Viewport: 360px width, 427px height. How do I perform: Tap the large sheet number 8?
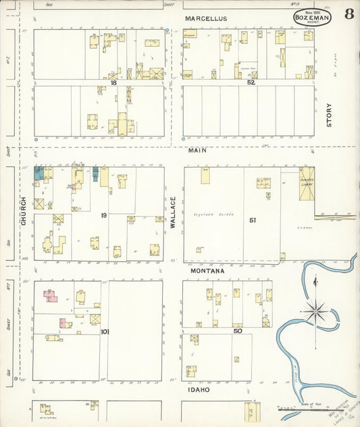(x=349, y=15)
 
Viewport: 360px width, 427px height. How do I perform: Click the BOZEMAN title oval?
(x=312, y=18)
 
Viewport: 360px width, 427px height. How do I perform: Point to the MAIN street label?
(x=197, y=150)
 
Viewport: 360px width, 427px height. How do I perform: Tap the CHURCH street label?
(x=23, y=211)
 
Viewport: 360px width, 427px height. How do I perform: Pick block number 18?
(x=114, y=82)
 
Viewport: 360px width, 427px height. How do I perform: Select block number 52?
(x=251, y=82)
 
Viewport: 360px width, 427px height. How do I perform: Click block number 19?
(x=104, y=215)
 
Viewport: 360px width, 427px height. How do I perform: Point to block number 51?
(x=252, y=220)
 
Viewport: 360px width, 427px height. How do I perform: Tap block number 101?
(x=105, y=331)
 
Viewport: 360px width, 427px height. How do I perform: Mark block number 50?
(x=238, y=330)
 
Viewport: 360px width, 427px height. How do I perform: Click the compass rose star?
(x=315, y=311)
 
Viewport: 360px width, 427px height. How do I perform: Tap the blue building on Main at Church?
(x=40, y=173)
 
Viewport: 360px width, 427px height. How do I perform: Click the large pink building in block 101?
(x=50, y=295)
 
